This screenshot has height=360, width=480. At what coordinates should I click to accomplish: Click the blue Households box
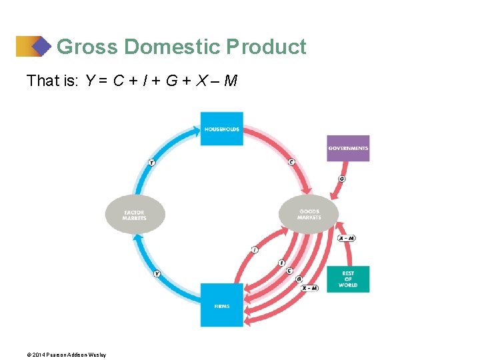point(222,129)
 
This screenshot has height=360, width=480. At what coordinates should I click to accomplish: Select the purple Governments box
point(348,148)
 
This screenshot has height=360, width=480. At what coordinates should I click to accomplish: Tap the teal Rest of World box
point(348,279)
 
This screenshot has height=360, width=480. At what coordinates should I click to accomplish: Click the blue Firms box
point(222,305)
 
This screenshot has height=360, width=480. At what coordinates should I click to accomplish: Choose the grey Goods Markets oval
point(309,215)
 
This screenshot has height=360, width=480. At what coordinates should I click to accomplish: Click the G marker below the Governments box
point(342,179)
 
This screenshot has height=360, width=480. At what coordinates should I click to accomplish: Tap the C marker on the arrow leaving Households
point(291,162)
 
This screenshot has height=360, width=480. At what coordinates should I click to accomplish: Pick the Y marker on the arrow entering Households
point(152,162)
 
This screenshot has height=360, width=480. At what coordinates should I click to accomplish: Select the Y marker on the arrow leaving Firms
point(157,273)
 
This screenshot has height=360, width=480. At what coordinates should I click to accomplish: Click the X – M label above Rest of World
point(346,238)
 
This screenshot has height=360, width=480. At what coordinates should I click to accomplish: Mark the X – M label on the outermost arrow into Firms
point(309,288)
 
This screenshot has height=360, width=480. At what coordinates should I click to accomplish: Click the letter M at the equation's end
point(230,81)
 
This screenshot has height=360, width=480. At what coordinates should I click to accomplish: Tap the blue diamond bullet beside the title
point(41,47)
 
